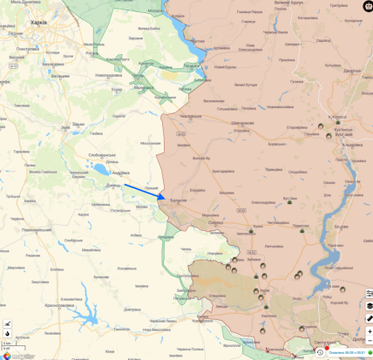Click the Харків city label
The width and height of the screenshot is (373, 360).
click(x=37, y=23)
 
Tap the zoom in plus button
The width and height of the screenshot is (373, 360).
click(x=370, y=332)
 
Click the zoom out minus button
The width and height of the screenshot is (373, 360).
click(x=370, y=342)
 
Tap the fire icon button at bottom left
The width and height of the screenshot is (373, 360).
click(x=7, y=333)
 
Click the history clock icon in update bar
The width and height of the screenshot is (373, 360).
click(x=320, y=352)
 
